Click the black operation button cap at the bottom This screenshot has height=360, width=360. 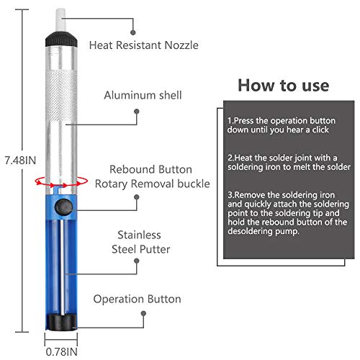point(60,319)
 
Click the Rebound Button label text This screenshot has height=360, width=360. point(150,169)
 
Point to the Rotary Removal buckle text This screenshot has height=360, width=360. point(152,184)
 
